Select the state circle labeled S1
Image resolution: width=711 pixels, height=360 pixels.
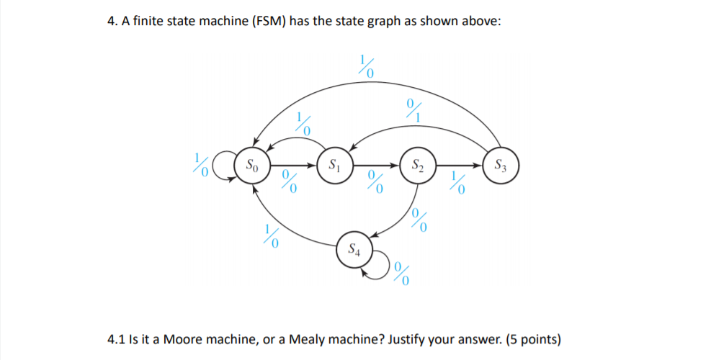click(x=333, y=165)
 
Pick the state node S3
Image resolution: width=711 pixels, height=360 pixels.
click(x=499, y=165)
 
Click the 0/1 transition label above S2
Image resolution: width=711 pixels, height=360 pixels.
click(x=413, y=109)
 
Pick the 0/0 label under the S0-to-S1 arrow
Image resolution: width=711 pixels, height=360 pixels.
click(x=290, y=183)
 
